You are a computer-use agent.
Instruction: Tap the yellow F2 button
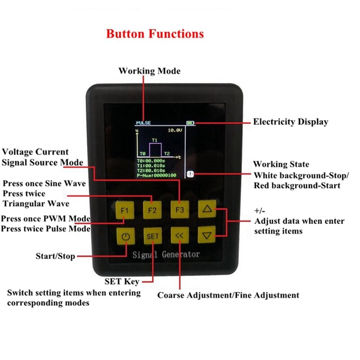[152, 210]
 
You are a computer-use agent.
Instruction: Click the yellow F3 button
[180, 210]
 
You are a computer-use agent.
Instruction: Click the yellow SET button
[152, 235]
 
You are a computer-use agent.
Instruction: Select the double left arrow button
[180, 234]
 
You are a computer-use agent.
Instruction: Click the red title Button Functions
[155, 34]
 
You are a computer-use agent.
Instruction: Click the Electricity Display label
[290, 121]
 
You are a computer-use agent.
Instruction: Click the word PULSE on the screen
[143, 122]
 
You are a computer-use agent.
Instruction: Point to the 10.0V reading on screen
[174, 130]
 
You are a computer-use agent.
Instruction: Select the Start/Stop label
[55, 256]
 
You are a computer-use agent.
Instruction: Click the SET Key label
[122, 282]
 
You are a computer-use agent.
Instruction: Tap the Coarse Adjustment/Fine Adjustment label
[228, 296]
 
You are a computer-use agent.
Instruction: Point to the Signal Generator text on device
[166, 255]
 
